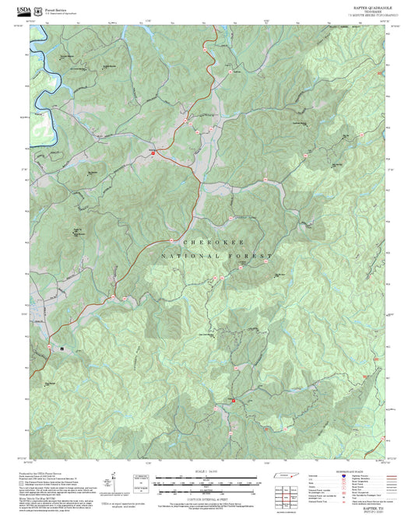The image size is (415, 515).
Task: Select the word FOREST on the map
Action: pos(251,256)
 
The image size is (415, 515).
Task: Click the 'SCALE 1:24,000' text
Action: pos(207,472)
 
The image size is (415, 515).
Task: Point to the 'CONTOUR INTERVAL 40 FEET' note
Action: pos(207,489)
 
